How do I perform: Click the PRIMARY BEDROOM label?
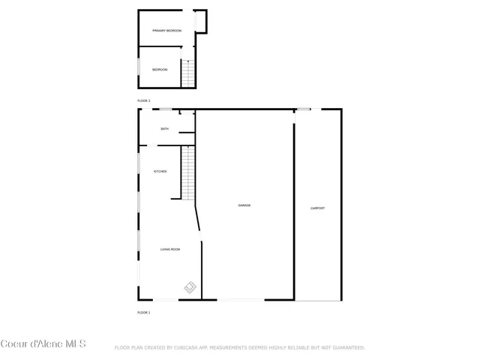pyautogui.click(x=166, y=31)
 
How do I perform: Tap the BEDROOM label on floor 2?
pyautogui.click(x=160, y=70)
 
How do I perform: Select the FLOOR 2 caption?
pyautogui.click(x=144, y=100)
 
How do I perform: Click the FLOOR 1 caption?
pyautogui.click(x=144, y=312)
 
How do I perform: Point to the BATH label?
pyautogui.click(x=164, y=129)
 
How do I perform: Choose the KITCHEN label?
pyautogui.click(x=160, y=172)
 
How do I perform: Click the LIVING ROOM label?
pyautogui.click(x=170, y=249)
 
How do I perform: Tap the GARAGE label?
pyautogui.click(x=244, y=205)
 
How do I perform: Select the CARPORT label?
pyautogui.click(x=318, y=208)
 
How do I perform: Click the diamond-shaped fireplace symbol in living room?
pyautogui.click(x=190, y=286)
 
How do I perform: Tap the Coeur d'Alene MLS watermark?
pyautogui.click(x=43, y=344)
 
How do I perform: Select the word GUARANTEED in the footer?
pyautogui.click(x=347, y=348)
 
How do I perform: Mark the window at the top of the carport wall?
pyautogui.click(x=303, y=110)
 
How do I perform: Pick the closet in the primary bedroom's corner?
pyautogui.click(x=200, y=22)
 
